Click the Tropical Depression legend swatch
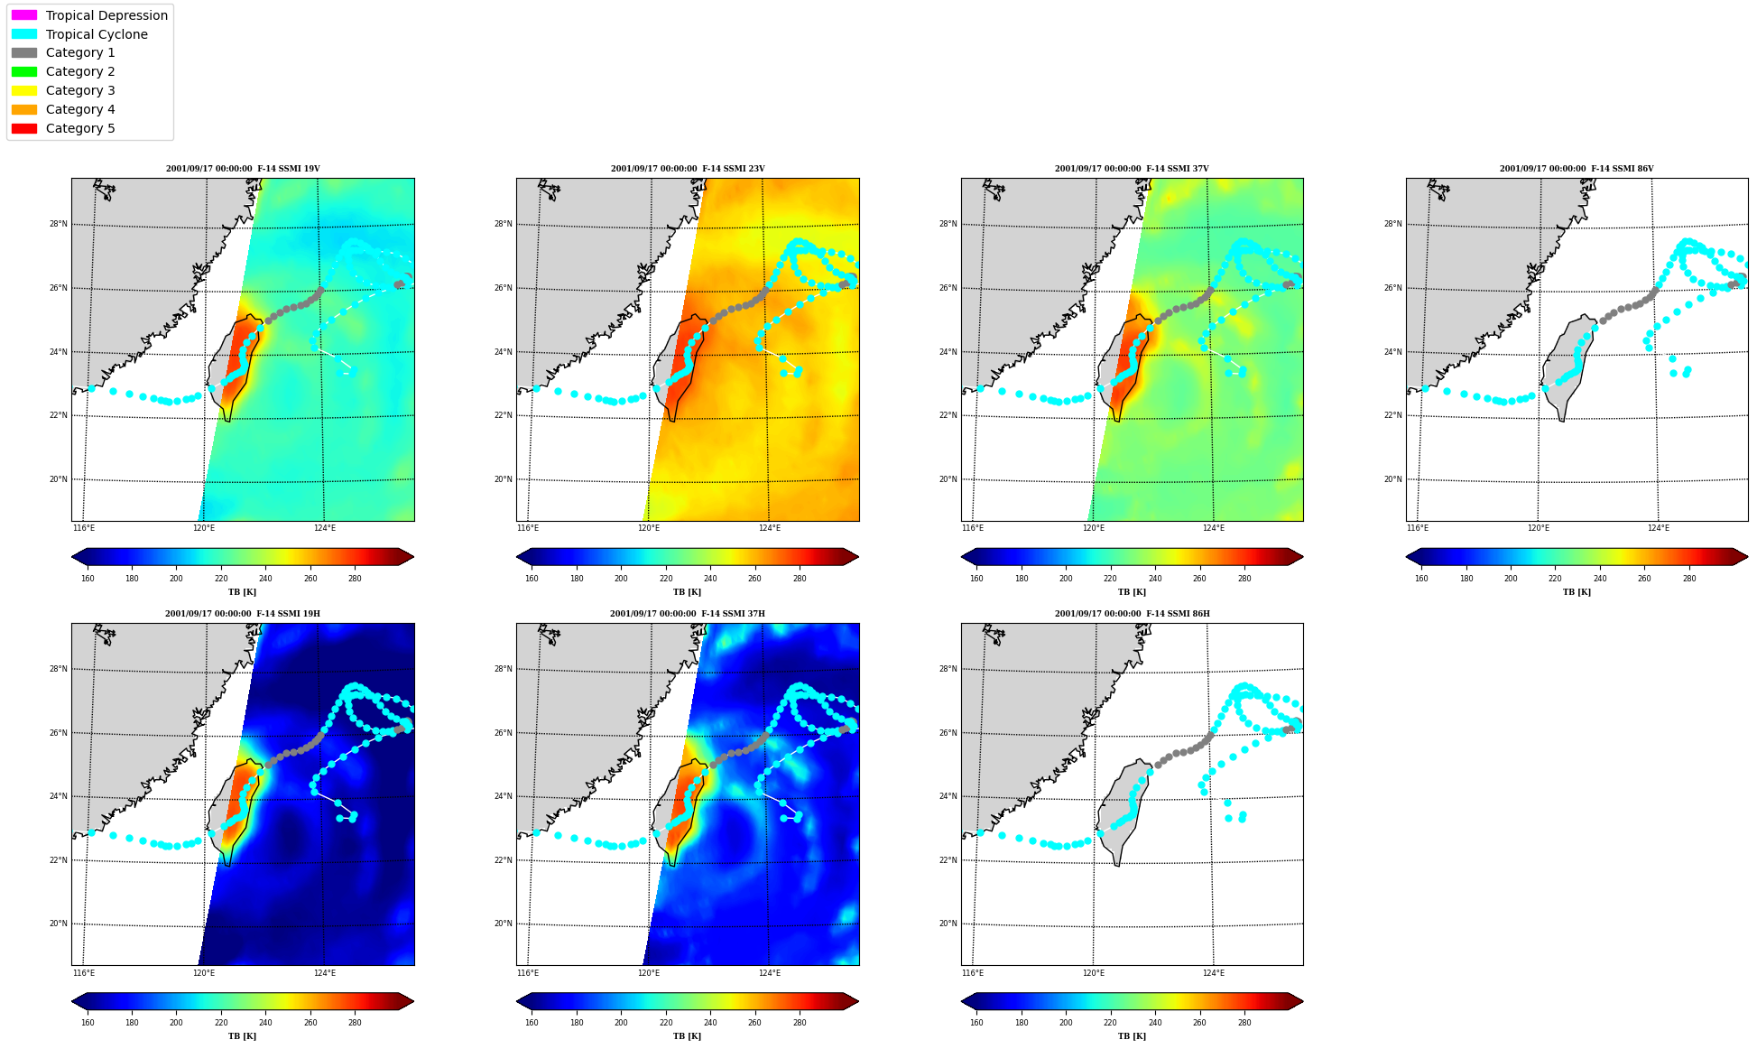[24, 15]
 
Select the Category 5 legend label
[80, 128]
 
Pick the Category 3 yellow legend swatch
[24, 90]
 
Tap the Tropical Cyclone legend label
[97, 34]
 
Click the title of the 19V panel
[243, 169]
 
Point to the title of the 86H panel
[1133, 614]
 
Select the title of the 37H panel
[688, 614]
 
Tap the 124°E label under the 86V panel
[1659, 529]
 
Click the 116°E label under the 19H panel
[83, 973]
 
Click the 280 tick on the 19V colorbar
[355, 579]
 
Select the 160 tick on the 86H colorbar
[976, 1023]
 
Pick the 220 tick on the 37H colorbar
[665, 1023]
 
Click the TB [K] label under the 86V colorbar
[1577, 592]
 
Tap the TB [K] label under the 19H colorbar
[242, 1036]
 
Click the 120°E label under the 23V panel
[649, 529]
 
